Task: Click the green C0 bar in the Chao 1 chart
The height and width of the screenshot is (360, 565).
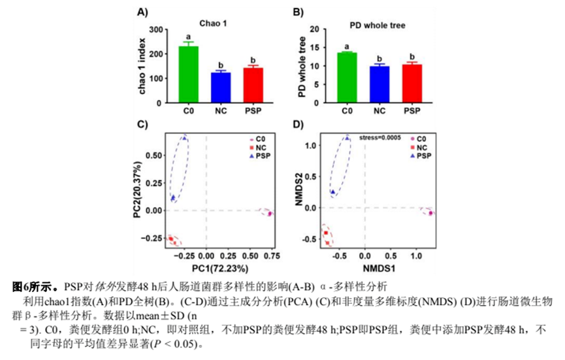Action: [188, 74]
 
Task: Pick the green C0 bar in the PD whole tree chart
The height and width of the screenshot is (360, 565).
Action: [347, 77]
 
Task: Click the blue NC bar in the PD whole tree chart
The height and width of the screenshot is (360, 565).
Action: [379, 84]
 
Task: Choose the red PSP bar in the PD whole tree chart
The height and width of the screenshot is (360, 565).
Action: [412, 84]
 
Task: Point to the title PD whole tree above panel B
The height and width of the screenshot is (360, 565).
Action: [378, 25]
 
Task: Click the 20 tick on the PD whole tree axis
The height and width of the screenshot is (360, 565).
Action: [314, 29]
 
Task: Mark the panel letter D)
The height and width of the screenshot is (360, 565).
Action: [299, 124]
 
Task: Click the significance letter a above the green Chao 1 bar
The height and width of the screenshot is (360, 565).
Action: [188, 37]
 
